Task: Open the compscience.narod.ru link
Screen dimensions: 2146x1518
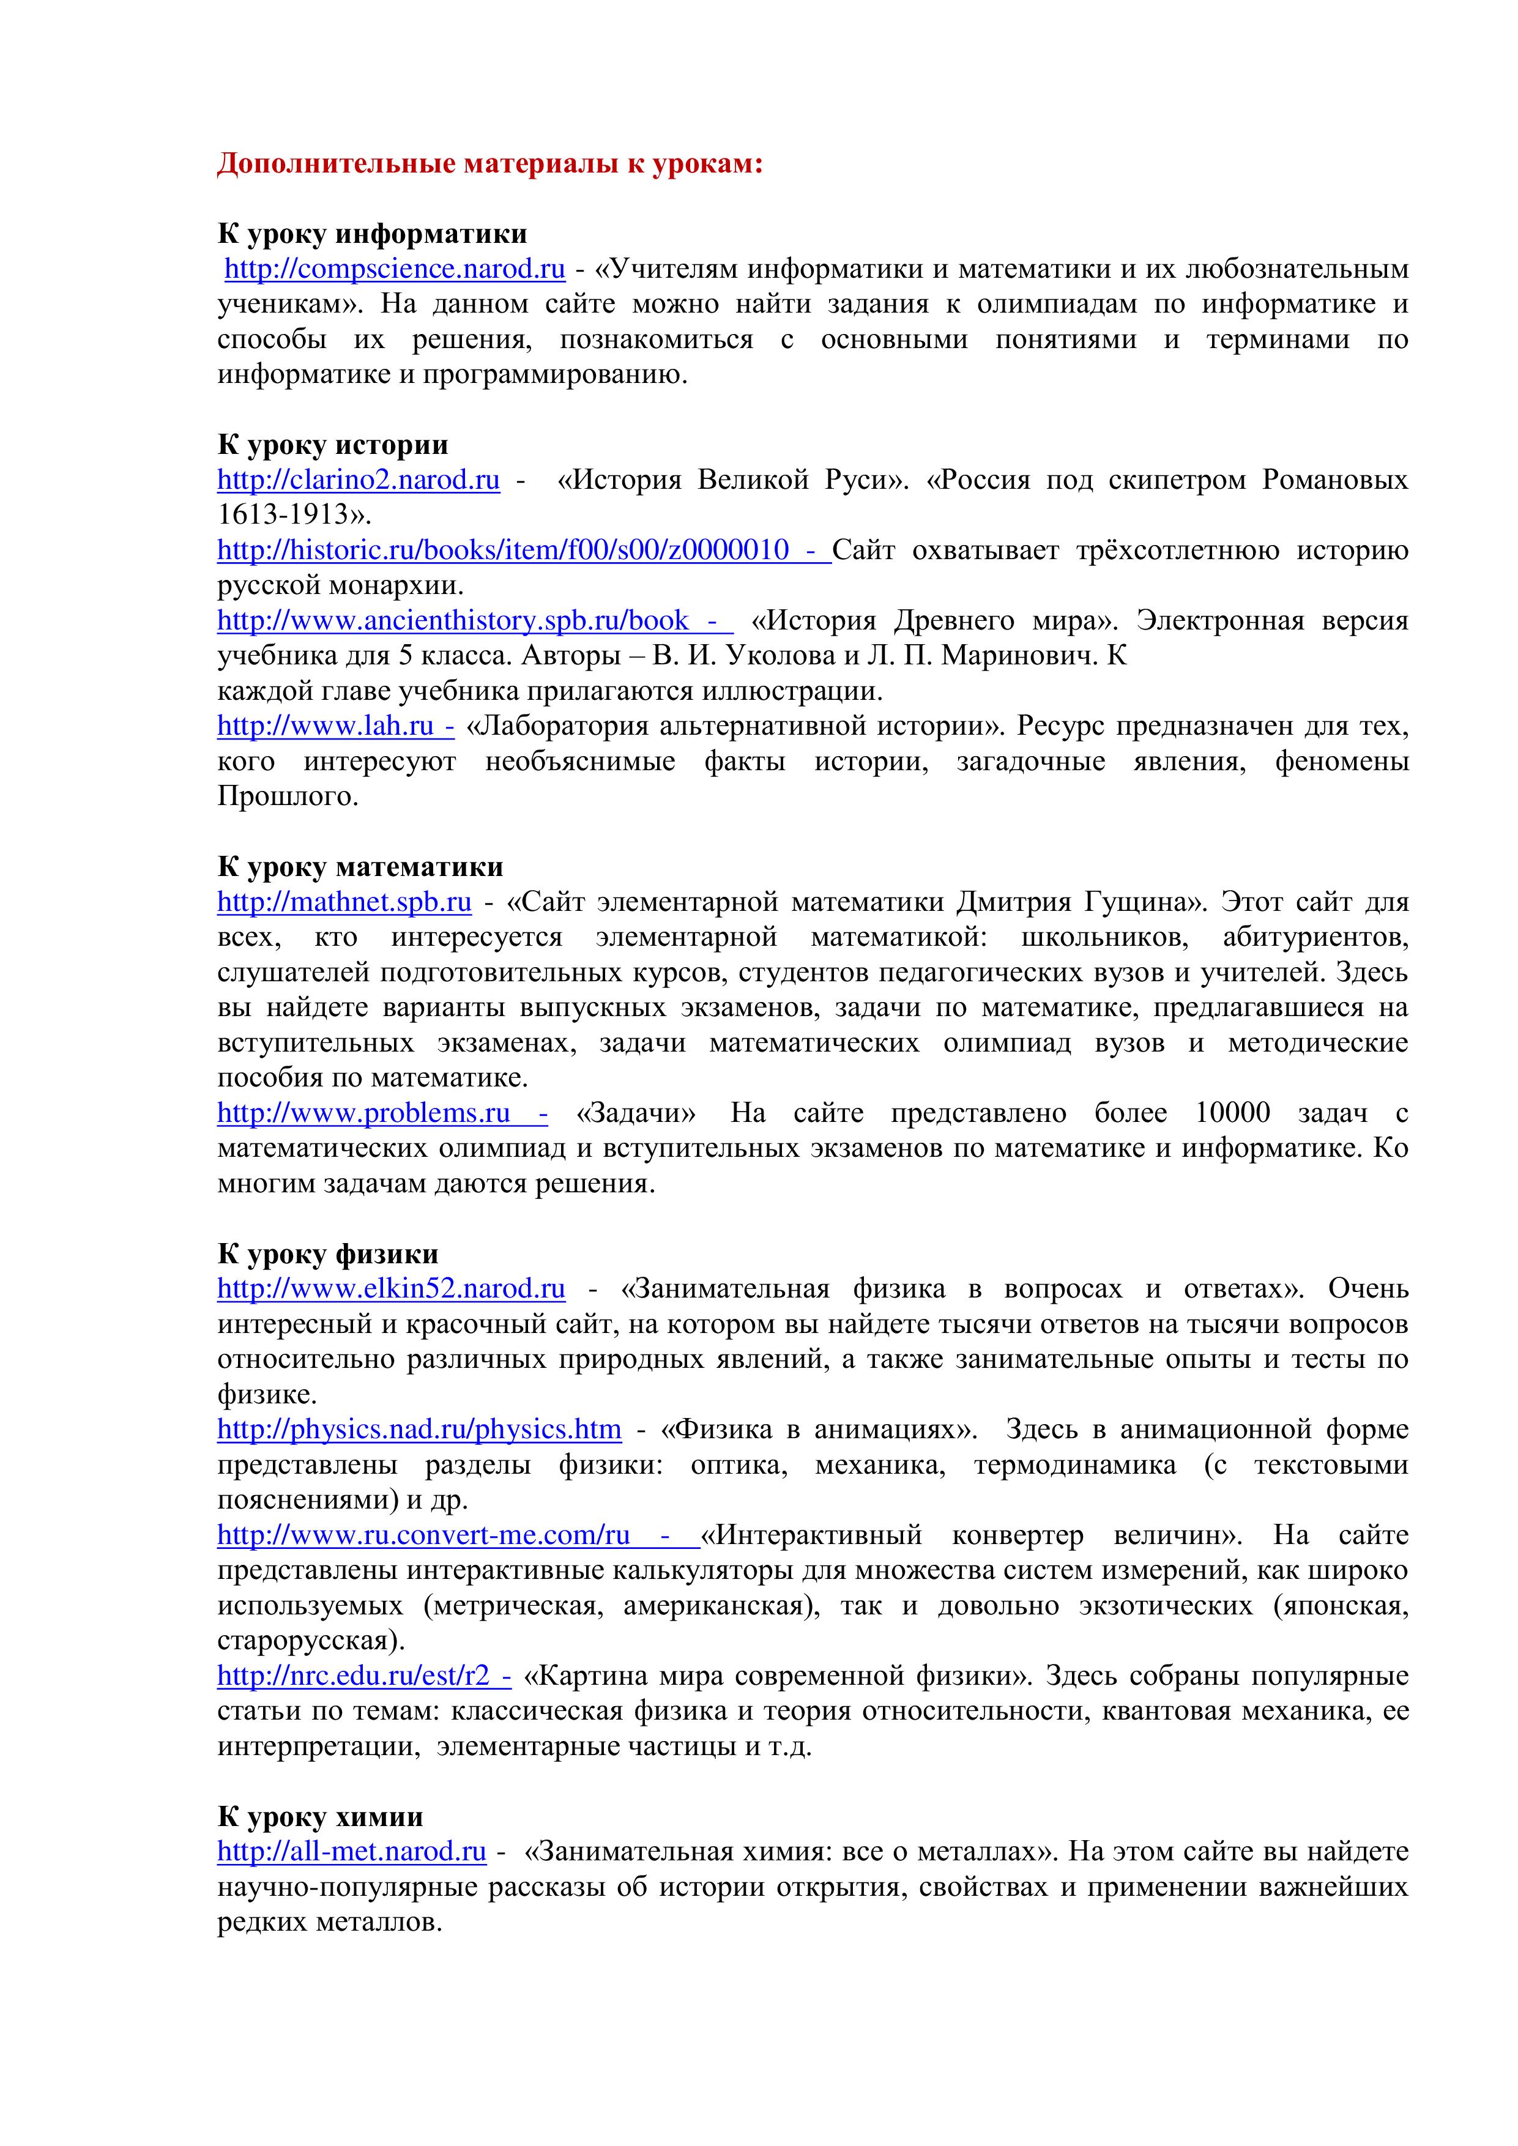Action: pos(395,269)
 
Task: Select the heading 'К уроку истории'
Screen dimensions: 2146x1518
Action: pos(333,445)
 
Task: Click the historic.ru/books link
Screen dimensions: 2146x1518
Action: pos(503,551)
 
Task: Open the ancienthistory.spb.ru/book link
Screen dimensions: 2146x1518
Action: pos(453,621)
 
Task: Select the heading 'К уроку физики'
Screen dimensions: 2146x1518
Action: pos(327,1254)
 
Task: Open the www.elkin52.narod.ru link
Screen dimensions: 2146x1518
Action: pos(391,1290)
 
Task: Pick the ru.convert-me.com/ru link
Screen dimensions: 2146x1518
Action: pos(423,1535)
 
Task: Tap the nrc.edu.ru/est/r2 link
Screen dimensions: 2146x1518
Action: pos(353,1676)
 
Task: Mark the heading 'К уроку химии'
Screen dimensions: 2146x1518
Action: pos(319,1817)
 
